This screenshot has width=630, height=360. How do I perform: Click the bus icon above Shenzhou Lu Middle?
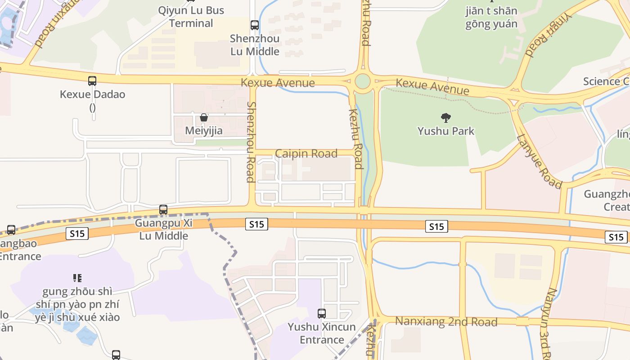(255, 25)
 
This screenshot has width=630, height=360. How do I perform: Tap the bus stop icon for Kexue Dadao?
(92, 81)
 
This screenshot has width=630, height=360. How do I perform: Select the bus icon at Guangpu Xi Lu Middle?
(163, 210)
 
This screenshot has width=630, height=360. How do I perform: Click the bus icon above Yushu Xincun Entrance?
(322, 314)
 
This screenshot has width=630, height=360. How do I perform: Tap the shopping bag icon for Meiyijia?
(204, 117)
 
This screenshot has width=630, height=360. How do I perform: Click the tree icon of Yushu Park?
(446, 118)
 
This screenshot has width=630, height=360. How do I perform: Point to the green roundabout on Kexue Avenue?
(362, 81)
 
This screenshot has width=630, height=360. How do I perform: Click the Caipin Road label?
(306, 153)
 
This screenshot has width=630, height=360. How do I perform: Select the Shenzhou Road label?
(251, 142)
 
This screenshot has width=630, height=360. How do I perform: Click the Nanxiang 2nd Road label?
(446, 322)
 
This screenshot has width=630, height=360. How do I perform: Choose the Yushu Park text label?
(446, 131)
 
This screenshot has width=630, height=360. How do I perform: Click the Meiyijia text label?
(204, 130)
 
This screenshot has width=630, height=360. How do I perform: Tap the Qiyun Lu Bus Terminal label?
(191, 17)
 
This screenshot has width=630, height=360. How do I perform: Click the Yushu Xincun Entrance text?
(322, 333)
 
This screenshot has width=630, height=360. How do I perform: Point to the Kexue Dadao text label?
(92, 94)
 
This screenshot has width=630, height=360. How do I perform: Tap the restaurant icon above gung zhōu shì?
(77, 278)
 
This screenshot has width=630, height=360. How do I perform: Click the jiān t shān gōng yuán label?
(491, 17)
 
